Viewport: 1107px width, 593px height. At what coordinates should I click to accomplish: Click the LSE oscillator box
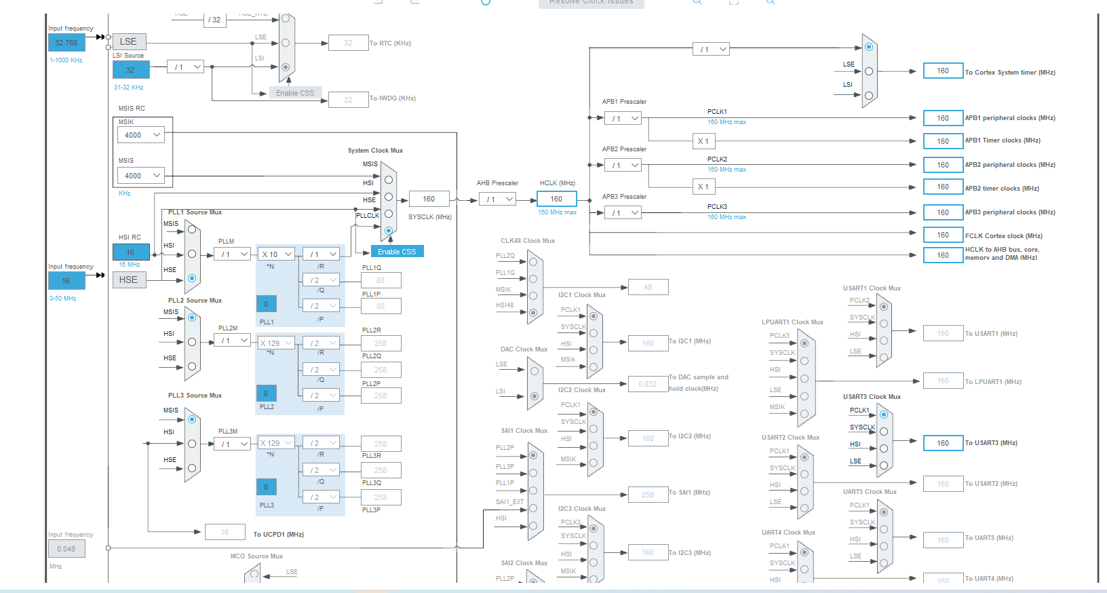(128, 41)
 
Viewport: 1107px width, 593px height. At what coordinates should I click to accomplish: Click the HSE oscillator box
(128, 280)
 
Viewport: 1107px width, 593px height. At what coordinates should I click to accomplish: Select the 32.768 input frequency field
(66, 43)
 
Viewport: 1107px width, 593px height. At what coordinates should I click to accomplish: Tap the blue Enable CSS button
(397, 252)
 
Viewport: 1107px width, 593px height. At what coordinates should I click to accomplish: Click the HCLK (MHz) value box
(556, 199)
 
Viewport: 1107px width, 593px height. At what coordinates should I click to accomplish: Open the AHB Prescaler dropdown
(498, 199)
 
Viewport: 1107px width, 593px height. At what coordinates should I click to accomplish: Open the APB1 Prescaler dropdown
(623, 119)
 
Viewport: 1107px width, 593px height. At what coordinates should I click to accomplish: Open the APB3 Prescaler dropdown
(623, 213)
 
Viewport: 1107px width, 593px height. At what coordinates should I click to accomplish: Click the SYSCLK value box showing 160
(429, 199)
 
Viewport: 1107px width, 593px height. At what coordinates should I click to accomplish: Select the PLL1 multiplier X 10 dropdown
(276, 254)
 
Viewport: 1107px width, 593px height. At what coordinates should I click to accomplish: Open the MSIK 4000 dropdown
(141, 135)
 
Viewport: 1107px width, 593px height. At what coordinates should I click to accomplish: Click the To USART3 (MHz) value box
(943, 443)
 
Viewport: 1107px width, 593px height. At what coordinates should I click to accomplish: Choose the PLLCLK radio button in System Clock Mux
(389, 231)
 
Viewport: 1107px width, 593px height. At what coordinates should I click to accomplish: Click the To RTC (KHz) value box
(348, 43)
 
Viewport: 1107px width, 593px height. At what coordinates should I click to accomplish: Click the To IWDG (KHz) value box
(348, 100)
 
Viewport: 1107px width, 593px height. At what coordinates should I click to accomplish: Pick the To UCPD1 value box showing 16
(225, 533)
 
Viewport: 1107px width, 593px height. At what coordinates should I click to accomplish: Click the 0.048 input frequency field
(66, 549)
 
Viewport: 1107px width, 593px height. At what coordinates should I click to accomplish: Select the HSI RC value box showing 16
(130, 252)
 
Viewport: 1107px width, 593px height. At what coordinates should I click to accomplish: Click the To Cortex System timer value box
(943, 71)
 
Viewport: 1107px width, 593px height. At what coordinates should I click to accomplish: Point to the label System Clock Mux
(375, 151)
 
